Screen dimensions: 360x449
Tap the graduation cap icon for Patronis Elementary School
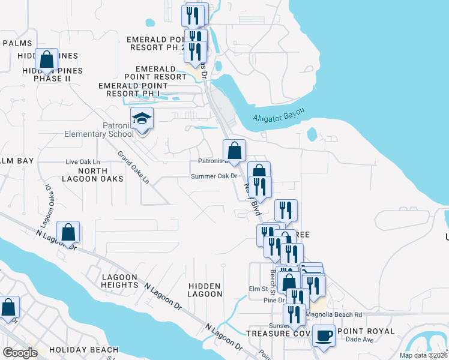[x=142, y=118]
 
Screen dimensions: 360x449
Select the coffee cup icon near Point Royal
[x=324, y=335]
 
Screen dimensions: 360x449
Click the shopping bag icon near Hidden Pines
[x=47, y=59]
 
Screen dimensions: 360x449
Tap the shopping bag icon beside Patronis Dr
[x=234, y=151]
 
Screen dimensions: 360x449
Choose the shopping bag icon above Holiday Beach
[x=9, y=307]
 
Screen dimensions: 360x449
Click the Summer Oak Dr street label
[x=214, y=176]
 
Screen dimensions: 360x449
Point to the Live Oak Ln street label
[x=82, y=162]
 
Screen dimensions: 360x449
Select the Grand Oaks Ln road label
[x=133, y=169]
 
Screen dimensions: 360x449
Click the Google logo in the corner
[x=20, y=352]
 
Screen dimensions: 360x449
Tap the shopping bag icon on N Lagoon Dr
[x=68, y=232]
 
